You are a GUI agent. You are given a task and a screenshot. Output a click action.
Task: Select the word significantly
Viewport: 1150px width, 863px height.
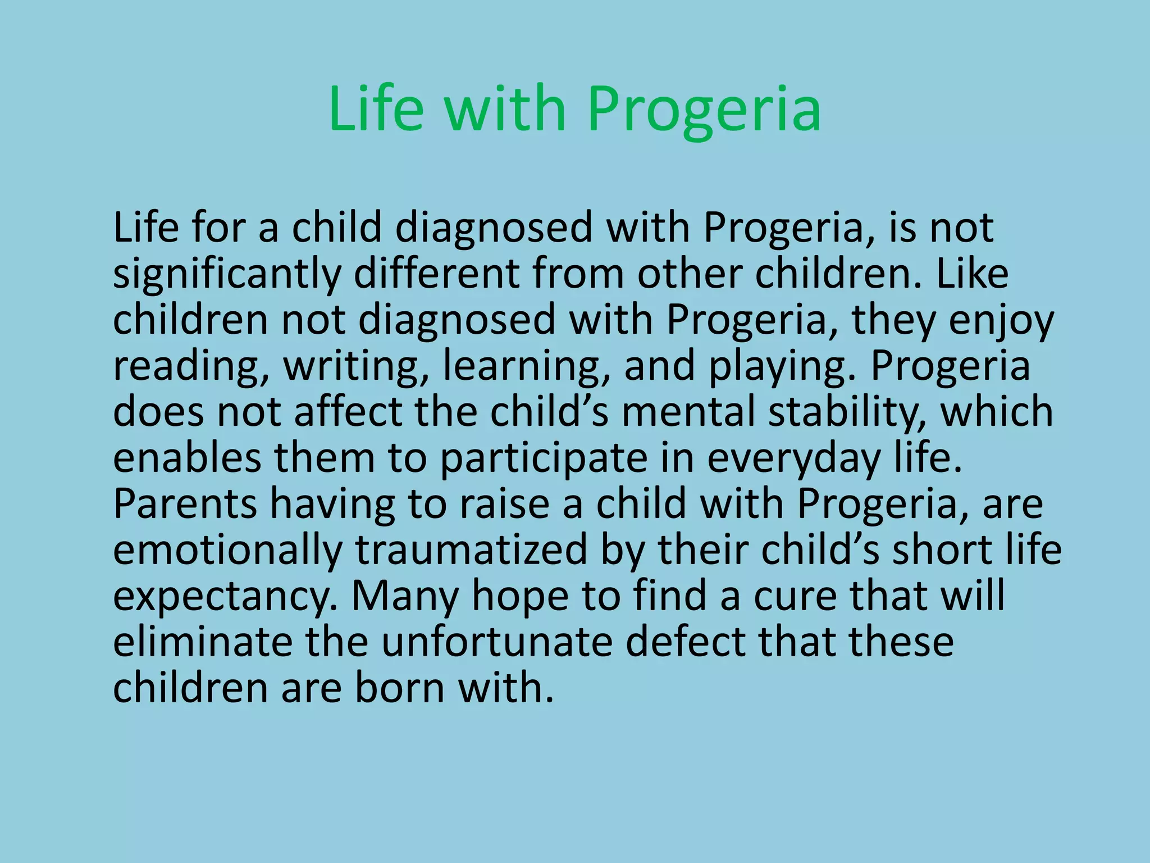[x=227, y=275]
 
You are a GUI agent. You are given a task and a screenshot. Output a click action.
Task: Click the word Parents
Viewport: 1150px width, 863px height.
[x=185, y=503]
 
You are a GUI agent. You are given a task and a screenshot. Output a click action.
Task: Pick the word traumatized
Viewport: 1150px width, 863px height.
[x=471, y=549]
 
